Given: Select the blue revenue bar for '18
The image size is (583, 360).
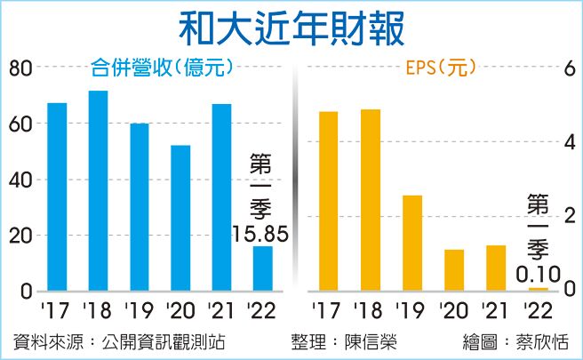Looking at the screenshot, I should pyautogui.click(x=98, y=191).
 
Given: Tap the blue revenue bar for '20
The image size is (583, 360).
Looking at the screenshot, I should pyautogui.click(x=180, y=218).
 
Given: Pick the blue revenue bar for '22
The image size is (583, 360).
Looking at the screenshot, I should pyautogui.click(x=263, y=268).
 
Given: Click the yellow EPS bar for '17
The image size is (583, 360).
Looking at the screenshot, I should pyautogui.click(x=328, y=201).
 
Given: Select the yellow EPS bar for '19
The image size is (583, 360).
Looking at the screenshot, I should pyautogui.click(x=411, y=243).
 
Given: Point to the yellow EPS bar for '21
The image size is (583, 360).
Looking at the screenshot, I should pyautogui.click(x=495, y=268).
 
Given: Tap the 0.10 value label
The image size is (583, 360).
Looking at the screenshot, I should pyautogui.click(x=538, y=276).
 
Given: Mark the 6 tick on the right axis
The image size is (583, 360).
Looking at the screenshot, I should pyautogui.click(x=570, y=68).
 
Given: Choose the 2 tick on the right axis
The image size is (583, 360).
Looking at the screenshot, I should pyautogui.click(x=570, y=217).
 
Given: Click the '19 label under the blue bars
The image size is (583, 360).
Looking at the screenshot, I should pyautogui.click(x=139, y=310).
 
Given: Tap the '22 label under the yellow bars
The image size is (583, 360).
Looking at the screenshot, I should pyautogui.click(x=536, y=310).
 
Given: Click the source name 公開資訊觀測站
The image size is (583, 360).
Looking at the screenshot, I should pyautogui.click(x=150, y=342).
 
